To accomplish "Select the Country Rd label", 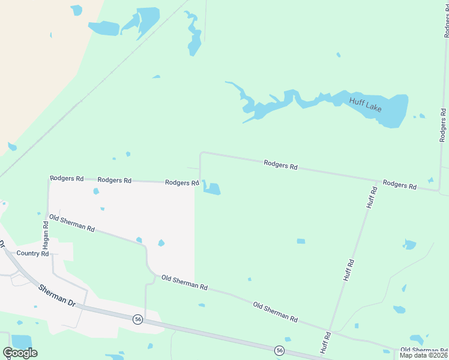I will coord(32,253).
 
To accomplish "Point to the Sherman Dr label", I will coord(56,295).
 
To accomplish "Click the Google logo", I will coord(20,352).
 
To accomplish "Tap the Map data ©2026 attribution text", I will coord(423,355).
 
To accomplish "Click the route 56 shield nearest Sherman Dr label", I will coord(138,319).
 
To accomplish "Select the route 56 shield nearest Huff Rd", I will coord(279,350).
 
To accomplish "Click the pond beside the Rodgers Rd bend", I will coord(211,188).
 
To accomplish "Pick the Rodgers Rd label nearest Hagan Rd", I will coord(65,178).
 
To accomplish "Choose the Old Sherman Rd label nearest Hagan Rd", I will coord(72,224).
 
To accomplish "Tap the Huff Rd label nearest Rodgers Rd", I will coord(372,198).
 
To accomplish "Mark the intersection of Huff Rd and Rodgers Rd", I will coord(376,180).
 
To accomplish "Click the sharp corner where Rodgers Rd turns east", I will coord(200,154).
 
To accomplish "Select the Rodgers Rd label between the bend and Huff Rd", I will coord(281,164).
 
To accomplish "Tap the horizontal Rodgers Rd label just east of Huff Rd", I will coord(399,185).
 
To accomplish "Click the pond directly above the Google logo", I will coord(22,340).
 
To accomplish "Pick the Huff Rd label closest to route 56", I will coord(325,342).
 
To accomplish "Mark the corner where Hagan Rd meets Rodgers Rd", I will coord(49,178).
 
